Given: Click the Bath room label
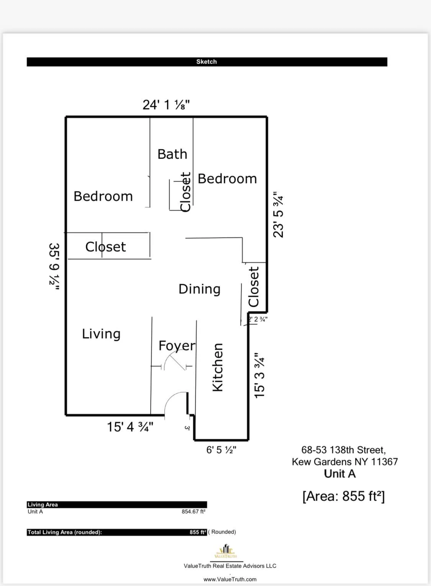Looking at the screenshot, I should click(172, 154).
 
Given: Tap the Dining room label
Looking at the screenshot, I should click(199, 289).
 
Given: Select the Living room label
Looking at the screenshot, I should click(101, 334).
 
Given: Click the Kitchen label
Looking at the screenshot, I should click(218, 367).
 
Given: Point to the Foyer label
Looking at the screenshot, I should click(177, 346).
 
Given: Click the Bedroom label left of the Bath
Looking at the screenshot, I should click(103, 196).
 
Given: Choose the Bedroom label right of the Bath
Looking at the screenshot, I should click(227, 178).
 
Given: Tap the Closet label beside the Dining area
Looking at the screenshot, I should click(254, 286).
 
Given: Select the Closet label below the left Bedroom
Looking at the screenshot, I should click(105, 247).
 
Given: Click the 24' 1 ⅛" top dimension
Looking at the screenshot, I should click(166, 105).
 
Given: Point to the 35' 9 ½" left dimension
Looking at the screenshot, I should click(54, 267).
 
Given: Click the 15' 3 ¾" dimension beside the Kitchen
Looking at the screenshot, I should click(260, 375).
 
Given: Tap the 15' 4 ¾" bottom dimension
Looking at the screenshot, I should click(130, 427).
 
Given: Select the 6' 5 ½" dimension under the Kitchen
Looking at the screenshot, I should click(221, 450).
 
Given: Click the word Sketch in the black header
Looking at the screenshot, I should click(206, 62).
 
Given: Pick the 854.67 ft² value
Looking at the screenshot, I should click(193, 512).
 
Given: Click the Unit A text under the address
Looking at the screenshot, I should click(340, 474).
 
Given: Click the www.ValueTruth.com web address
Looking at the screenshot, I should click(230, 579).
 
